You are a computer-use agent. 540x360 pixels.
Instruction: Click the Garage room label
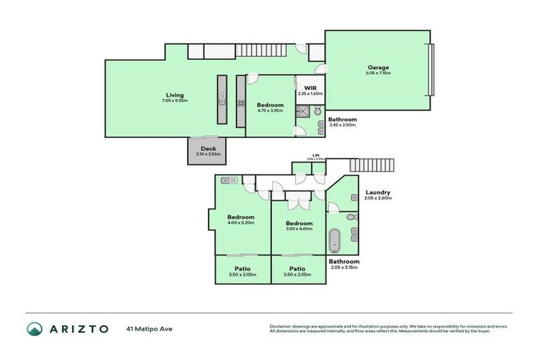coord(378,67)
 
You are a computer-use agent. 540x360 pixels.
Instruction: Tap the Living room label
coord(175,95)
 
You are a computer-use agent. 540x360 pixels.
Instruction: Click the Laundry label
coord(378,193)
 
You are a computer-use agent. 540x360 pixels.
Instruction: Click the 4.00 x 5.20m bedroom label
coord(240,217)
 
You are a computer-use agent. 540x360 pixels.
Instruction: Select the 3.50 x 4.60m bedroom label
coord(299,224)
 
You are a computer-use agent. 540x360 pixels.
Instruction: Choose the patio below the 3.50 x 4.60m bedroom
coord(297,270)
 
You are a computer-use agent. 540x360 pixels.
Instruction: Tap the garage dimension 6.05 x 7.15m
coord(378,73)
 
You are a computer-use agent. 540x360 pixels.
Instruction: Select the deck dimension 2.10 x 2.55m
coord(209,154)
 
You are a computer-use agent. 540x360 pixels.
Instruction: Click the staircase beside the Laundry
coord(372,165)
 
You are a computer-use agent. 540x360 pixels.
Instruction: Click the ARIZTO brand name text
coord(79,329)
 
